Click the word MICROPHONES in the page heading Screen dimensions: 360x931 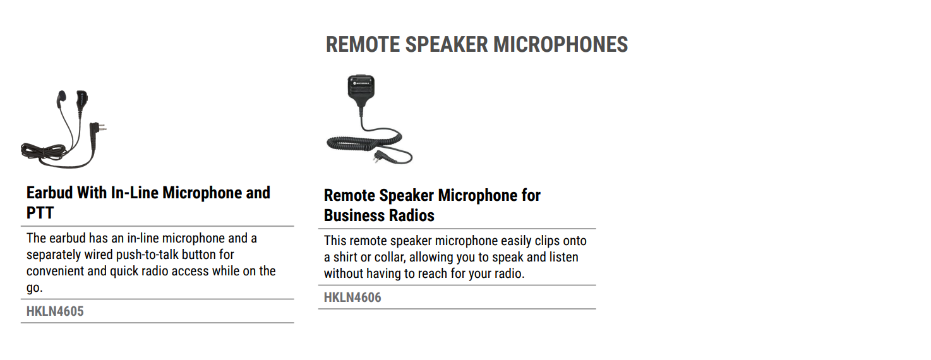pos(560,45)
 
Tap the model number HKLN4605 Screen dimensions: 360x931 pos(55,311)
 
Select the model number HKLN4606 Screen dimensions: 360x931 pos(352,297)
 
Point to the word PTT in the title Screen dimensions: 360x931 pos(40,213)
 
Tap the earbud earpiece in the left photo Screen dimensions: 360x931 pos(61,99)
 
